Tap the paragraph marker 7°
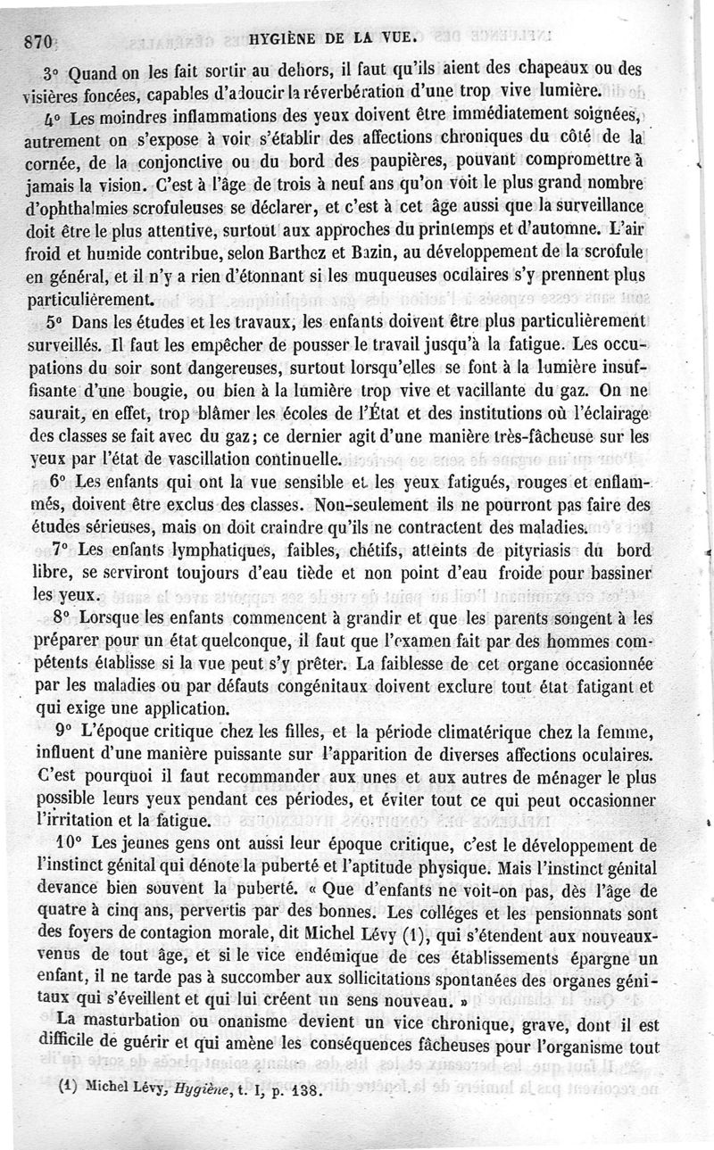(x=62, y=548)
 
